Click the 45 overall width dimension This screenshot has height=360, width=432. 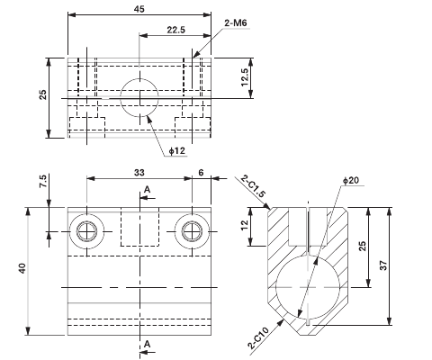(139, 10)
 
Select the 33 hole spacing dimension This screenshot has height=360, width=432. (139, 172)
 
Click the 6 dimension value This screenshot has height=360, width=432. (201, 172)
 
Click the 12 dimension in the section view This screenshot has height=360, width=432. (246, 229)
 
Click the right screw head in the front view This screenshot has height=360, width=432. (191, 231)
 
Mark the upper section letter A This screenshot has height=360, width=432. (147, 189)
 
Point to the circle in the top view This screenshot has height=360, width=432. (139, 96)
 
